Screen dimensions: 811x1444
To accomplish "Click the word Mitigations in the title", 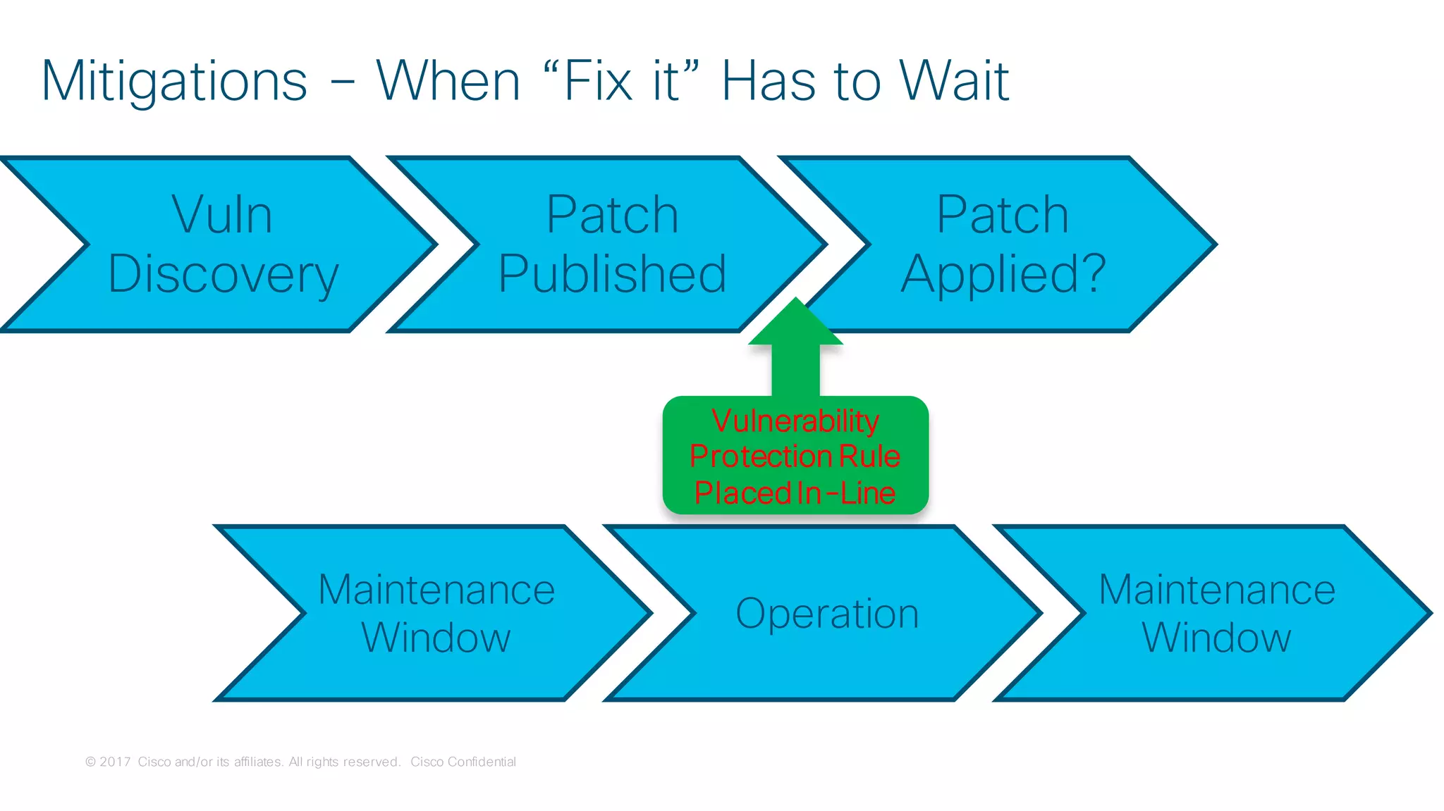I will point(174,82).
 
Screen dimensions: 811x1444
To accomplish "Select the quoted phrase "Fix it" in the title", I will point(622,81).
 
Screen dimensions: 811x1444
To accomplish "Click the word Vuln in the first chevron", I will point(222,215).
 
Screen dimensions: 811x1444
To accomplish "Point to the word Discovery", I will point(224,275).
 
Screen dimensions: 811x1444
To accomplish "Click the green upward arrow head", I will point(795,323).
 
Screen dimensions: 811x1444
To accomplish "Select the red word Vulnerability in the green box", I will point(795,421).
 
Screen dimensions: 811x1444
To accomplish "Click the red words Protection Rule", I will point(795,457).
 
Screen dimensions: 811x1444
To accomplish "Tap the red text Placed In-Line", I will point(795,493).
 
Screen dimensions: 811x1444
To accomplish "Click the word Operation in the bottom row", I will point(827,614).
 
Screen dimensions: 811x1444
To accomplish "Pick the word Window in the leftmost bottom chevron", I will point(436,638).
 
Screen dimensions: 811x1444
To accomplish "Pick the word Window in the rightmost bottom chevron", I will point(1216,638).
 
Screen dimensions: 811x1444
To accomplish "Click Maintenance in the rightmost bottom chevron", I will point(1217,590).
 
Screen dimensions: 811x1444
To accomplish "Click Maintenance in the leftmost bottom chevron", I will point(436,590).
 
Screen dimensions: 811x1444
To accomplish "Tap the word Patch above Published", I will point(612,215).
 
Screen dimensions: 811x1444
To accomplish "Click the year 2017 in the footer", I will point(115,762).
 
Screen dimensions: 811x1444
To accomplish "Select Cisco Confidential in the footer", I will point(463,762).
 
